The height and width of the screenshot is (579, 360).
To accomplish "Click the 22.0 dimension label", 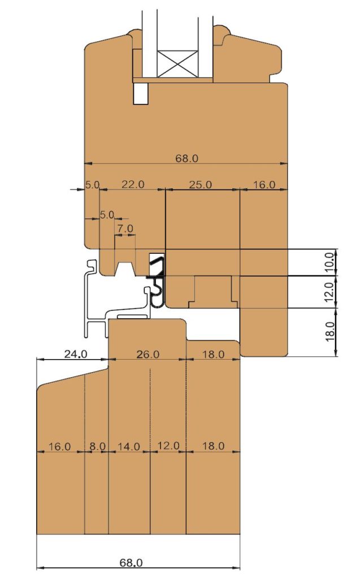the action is [x=133, y=184].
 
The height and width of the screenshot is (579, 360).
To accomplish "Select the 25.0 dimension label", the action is [x=201, y=184].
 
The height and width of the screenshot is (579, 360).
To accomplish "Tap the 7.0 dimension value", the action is [x=125, y=228].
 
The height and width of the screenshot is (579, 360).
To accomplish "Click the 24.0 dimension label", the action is [x=76, y=354].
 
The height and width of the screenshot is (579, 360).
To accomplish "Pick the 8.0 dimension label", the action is [x=97, y=447].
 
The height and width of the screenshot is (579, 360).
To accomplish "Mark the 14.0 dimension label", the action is [x=129, y=447].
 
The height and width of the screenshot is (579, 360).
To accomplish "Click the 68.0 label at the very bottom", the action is [x=131, y=563].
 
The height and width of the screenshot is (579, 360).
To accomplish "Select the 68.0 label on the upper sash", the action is [x=187, y=158].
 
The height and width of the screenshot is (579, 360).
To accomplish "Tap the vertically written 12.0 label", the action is [x=331, y=291].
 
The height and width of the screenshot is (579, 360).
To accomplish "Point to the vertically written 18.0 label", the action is [x=331, y=331].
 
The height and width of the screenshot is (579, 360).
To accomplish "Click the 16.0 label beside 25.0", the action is [x=264, y=184].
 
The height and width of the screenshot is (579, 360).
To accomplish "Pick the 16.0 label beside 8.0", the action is [x=59, y=447].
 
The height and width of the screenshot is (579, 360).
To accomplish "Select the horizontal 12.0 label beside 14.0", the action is [x=168, y=446].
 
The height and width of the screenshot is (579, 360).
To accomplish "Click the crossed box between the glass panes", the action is [x=178, y=63].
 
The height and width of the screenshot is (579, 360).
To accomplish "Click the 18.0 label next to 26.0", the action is [x=214, y=354].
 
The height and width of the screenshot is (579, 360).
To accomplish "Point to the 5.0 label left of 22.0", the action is [x=93, y=184].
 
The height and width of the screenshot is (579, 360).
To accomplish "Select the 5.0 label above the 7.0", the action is [x=107, y=214].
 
